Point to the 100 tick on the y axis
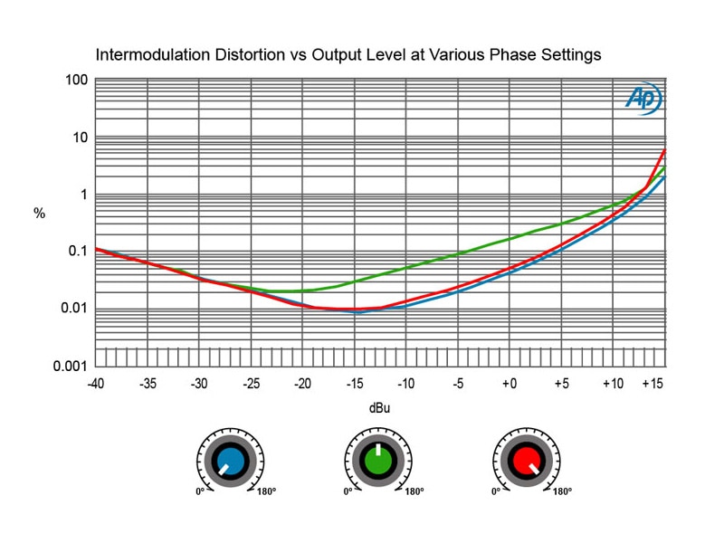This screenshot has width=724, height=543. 77,81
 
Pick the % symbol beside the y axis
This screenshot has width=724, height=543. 39,214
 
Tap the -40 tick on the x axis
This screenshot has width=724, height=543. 95,384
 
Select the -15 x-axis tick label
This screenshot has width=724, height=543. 354,384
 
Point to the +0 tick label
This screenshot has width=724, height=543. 510,384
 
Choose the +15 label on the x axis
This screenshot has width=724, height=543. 653,384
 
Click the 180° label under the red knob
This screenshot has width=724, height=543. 561,492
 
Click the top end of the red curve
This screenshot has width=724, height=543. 665,149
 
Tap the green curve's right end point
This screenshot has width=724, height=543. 665,167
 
